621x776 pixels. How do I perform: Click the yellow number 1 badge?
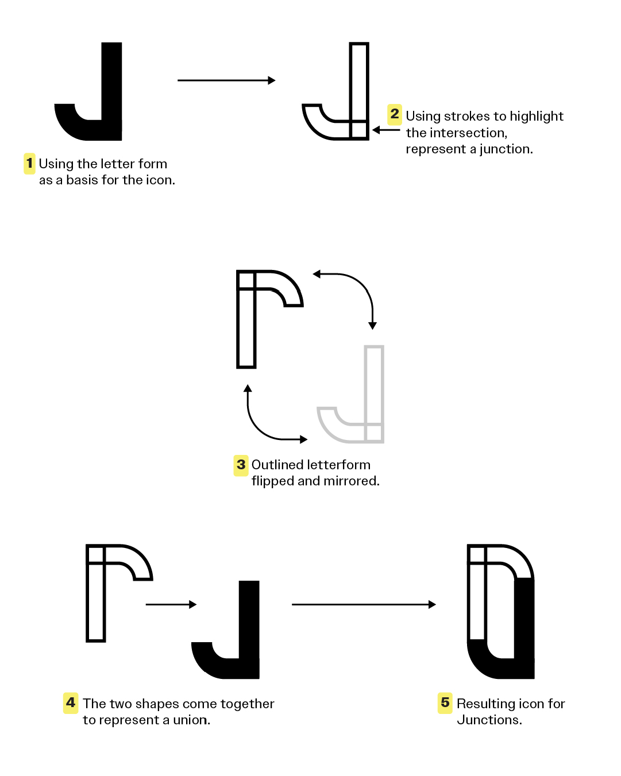pos(29,164)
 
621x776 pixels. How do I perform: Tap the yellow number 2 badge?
pos(395,114)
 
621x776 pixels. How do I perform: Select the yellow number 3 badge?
pos(241,465)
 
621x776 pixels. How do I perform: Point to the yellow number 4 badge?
pos(71,702)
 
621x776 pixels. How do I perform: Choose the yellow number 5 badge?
pos(445,702)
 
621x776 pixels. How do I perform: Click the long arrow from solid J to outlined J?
pos(226,80)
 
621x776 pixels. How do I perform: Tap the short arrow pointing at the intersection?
pos(386,130)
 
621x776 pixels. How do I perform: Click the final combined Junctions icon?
pos(501,612)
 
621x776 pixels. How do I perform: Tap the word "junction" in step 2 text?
pos(505,149)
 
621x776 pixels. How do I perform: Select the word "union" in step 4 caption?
pos(191,720)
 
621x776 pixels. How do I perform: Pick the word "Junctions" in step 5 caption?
pos(489,720)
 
